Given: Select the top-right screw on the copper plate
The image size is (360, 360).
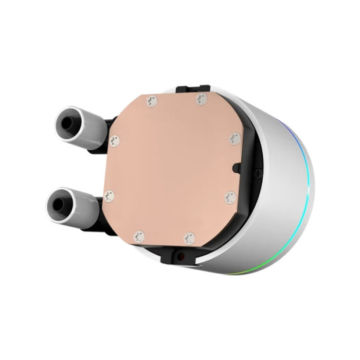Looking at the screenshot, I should point(201,99).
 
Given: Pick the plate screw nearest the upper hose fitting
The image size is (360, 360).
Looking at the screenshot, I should point(115,140).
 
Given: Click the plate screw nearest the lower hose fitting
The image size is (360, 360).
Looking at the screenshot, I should point(109,196).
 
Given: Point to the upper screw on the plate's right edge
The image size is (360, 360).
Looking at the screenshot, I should point(235,138).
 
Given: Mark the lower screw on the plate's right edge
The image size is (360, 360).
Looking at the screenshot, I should point(230,197).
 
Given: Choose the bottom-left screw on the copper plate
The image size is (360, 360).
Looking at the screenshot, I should point(139,237).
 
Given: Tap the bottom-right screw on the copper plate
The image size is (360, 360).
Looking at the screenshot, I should point(189,238).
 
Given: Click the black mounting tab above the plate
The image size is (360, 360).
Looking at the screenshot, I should point(193,89).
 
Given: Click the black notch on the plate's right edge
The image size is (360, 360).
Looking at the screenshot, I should point(236,168).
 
